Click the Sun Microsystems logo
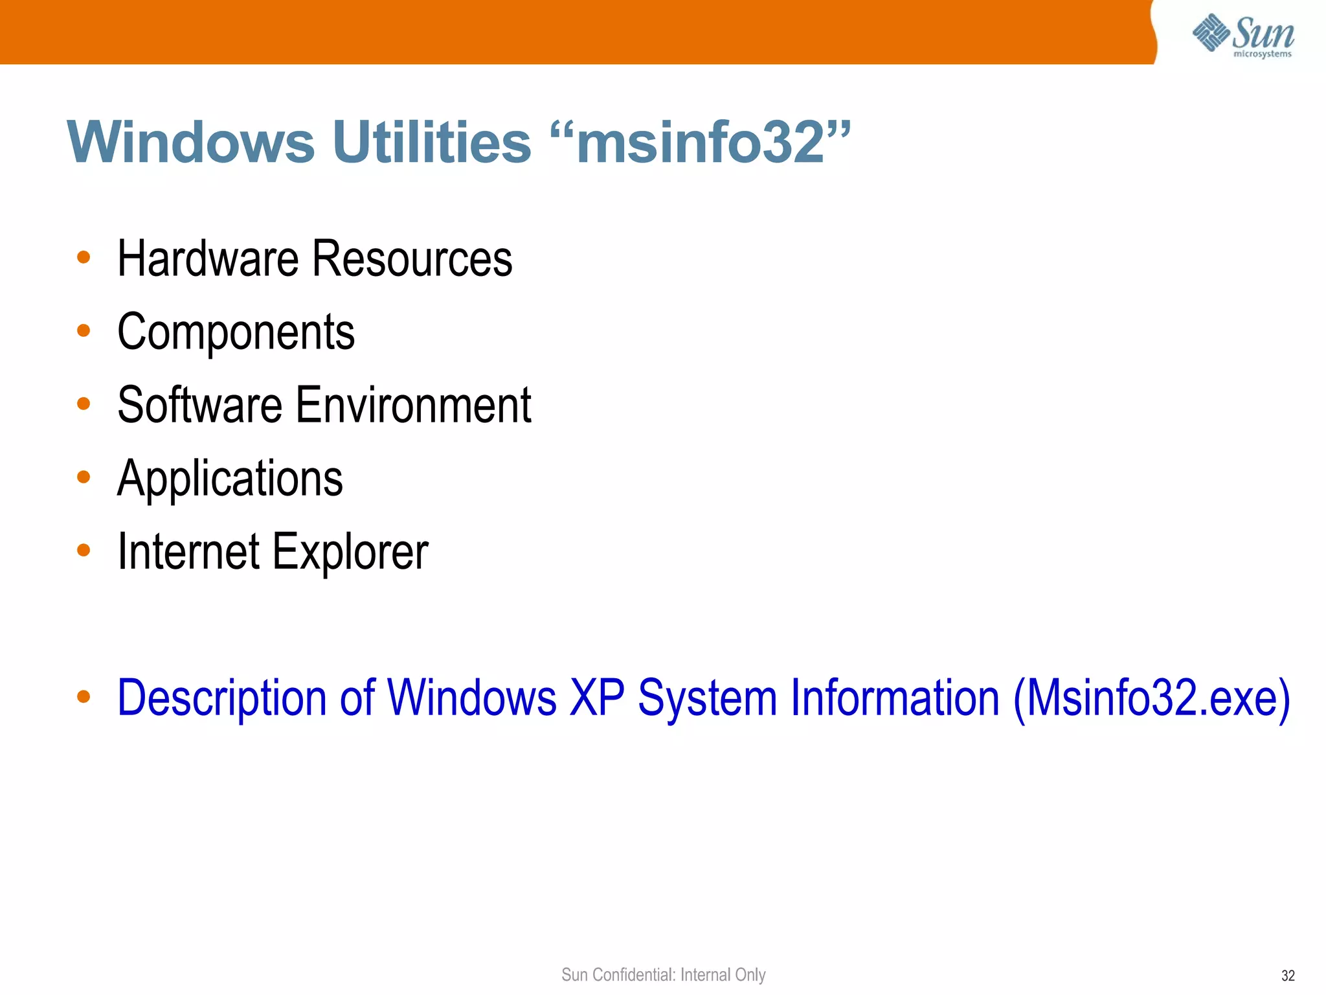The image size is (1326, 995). [x=1243, y=36]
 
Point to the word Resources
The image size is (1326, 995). [x=412, y=259]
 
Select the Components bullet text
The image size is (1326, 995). [x=236, y=332]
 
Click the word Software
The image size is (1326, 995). [x=200, y=406]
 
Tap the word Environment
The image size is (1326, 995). [x=414, y=406]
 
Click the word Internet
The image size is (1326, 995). [x=188, y=552]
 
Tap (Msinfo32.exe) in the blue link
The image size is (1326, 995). [x=1152, y=699]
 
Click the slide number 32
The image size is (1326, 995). [x=1288, y=976]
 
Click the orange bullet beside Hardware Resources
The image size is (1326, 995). [x=84, y=258]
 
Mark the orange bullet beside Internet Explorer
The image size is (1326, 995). [x=84, y=551]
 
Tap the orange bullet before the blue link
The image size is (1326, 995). [x=84, y=697]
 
